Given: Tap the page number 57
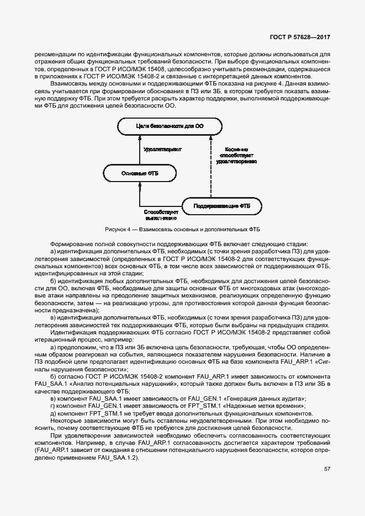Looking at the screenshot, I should coord(327,469).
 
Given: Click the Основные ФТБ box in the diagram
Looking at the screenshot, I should coord(140,173).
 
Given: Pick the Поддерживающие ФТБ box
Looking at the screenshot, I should coord(221,206).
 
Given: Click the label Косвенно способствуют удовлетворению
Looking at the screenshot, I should coord(236,156).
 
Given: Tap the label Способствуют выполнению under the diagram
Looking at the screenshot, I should coord(160,215).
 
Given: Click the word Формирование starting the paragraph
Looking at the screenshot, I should coord(70,244).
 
